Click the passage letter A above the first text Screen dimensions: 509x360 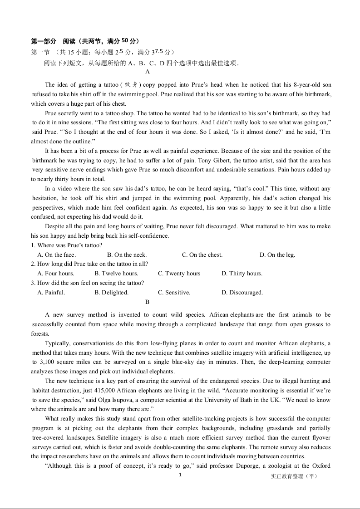pos(148,71)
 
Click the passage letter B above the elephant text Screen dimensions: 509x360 pos(147,302)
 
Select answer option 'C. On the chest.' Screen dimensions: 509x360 pos(202,255)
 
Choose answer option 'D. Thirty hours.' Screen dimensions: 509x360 pos(242,274)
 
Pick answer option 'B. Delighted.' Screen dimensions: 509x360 pos(111,293)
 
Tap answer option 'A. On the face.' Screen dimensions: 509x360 pos(56,255)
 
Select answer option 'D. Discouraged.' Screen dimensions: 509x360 pos(242,293)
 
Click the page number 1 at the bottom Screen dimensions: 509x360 pos(180,475)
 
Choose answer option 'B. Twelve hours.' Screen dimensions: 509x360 pos(116,274)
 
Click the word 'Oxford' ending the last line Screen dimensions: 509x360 pos(321,466)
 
